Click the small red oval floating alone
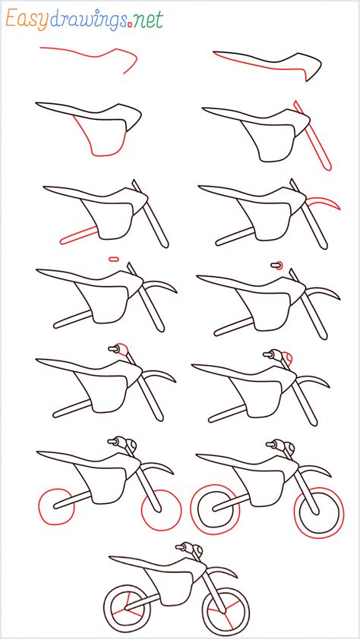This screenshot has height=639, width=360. pyautogui.click(x=114, y=259)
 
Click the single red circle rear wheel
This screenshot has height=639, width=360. pyautogui.click(x=55, y=507)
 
